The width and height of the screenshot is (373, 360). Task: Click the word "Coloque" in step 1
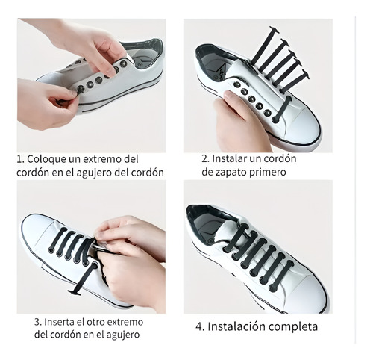(x=42, y=159)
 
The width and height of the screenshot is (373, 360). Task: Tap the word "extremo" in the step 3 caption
(x=126, y=322)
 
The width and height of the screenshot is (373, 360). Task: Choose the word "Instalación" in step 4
(x=234, y=326)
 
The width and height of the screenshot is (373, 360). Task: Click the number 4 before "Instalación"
(x=199, y=326)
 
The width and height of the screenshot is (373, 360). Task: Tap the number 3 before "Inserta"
(x=37, y=322)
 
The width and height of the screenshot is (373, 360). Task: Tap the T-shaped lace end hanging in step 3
(x=75, y=293)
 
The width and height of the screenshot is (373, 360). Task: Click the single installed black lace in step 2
(x=282, y=109)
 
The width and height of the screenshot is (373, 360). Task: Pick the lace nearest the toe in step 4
(x=283, y=274)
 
